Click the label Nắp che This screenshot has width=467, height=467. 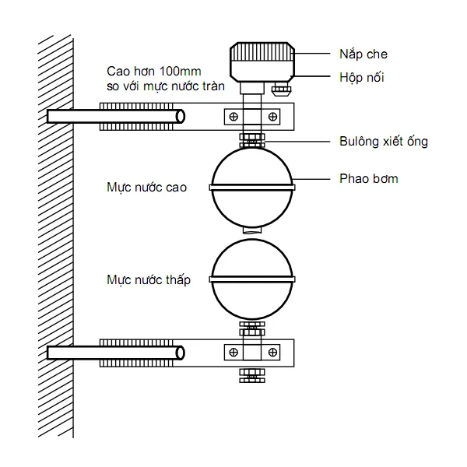pos(363,54)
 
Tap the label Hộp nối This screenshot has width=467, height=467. pos(362,77)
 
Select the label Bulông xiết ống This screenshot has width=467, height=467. pos(384,141)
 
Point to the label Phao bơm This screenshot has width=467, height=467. pos(369,179)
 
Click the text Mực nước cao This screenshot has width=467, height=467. pos(146,188)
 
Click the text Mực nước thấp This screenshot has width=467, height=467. pos(149,280)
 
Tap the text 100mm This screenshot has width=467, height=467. pos(181,72)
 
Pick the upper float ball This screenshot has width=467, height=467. pos(252,188)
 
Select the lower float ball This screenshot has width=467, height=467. pos(252,279)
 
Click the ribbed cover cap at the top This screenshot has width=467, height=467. pos(262,51)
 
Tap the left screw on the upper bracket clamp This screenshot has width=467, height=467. pos(233,117)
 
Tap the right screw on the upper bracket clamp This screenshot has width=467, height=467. pos(272,117)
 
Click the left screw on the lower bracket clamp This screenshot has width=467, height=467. pos(233,353)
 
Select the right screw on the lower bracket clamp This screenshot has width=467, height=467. pos(272,353)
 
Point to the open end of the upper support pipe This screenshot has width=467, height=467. pos(181,117)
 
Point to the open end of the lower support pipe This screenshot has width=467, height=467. pos(181,353)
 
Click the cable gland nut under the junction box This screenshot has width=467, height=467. pos(281,90)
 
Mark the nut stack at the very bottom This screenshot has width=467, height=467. pos(252,375)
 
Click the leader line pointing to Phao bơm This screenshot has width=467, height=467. pos(311,179)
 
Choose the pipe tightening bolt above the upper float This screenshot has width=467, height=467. pos(252,141)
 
